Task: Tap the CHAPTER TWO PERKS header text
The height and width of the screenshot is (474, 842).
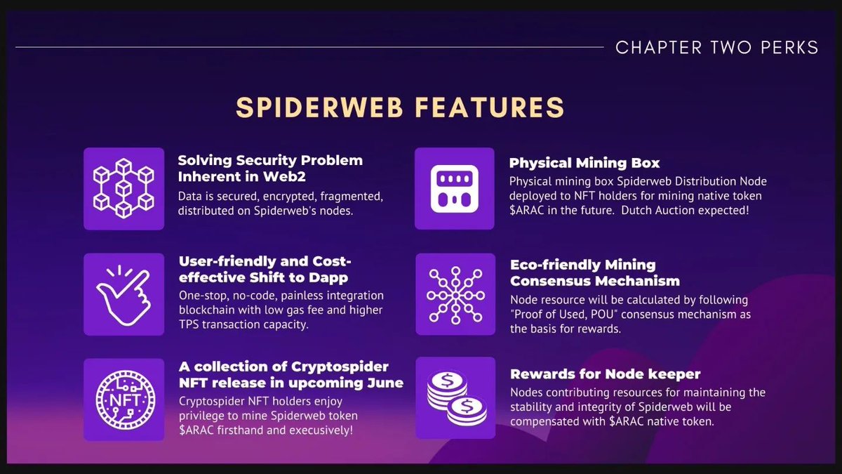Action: [x=716, y=48]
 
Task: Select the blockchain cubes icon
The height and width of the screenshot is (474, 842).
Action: [x=123, y=189]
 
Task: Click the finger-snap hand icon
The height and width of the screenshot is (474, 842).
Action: [x=123, y=294]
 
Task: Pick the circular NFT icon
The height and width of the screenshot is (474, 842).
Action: [x=123, y=399]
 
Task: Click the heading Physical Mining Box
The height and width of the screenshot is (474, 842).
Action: [x=584, y=163]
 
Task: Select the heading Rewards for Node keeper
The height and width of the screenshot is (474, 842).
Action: [x=605, y=374]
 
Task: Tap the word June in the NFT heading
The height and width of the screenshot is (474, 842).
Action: [x=385, y=383]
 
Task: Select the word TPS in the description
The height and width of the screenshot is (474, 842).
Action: [x=192, y=325]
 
